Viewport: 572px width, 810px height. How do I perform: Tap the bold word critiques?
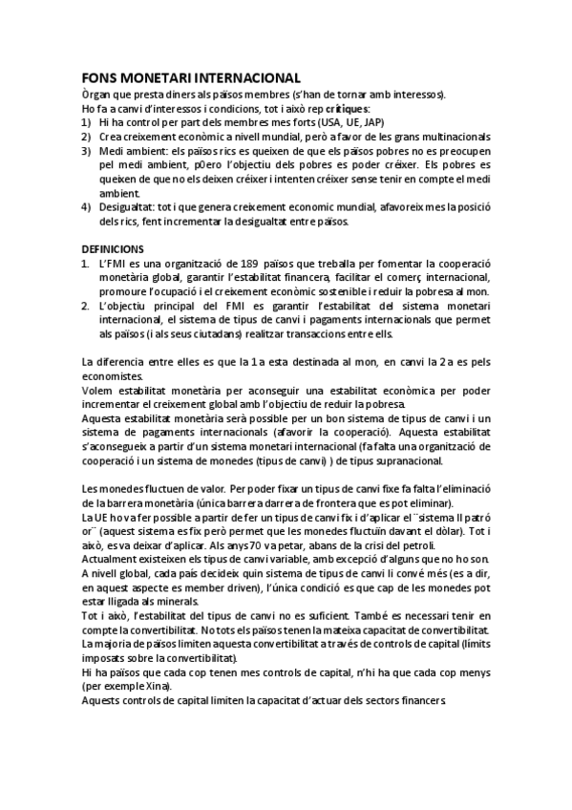click(347, 109)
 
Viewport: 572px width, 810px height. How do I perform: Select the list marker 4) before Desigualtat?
click(87, 207)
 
